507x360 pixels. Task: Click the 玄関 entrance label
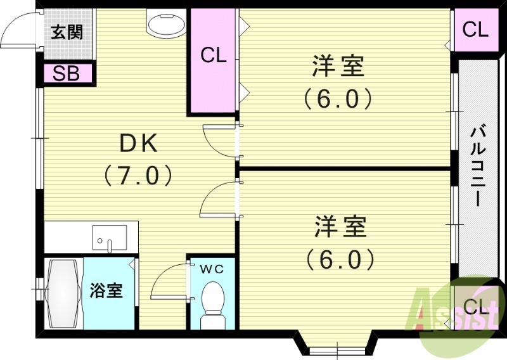(x=67, y=32)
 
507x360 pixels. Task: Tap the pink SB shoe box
(x=66, y=74)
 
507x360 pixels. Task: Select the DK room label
(x=139, y=145)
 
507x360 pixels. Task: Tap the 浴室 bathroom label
(x=106, y=292)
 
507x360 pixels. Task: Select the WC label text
(x=212, y=269)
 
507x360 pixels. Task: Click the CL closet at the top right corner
(x=475, y=30)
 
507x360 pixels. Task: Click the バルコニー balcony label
(x=477, y=167)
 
